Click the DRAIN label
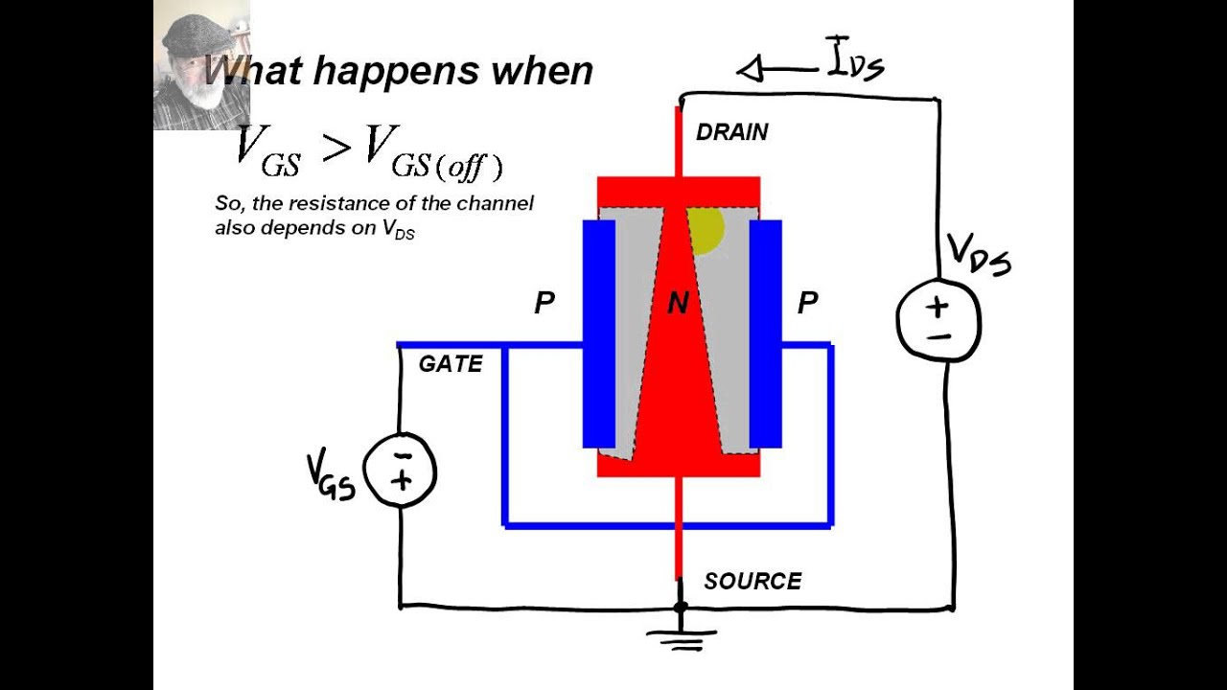click(731, 132)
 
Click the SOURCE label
click(752, 581)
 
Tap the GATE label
click(451, 364)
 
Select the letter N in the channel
click(678, 304)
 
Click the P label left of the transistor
click(544, 304)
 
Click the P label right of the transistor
click(807, 304)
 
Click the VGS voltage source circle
click(401, 470)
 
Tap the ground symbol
click(681, 637)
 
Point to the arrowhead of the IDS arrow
click(749, 69)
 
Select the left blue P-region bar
click(599, 333)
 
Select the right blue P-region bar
click(765, 333)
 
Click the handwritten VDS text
click(978, 255)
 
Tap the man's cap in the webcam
click(197, 34)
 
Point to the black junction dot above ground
click(681, 607)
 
